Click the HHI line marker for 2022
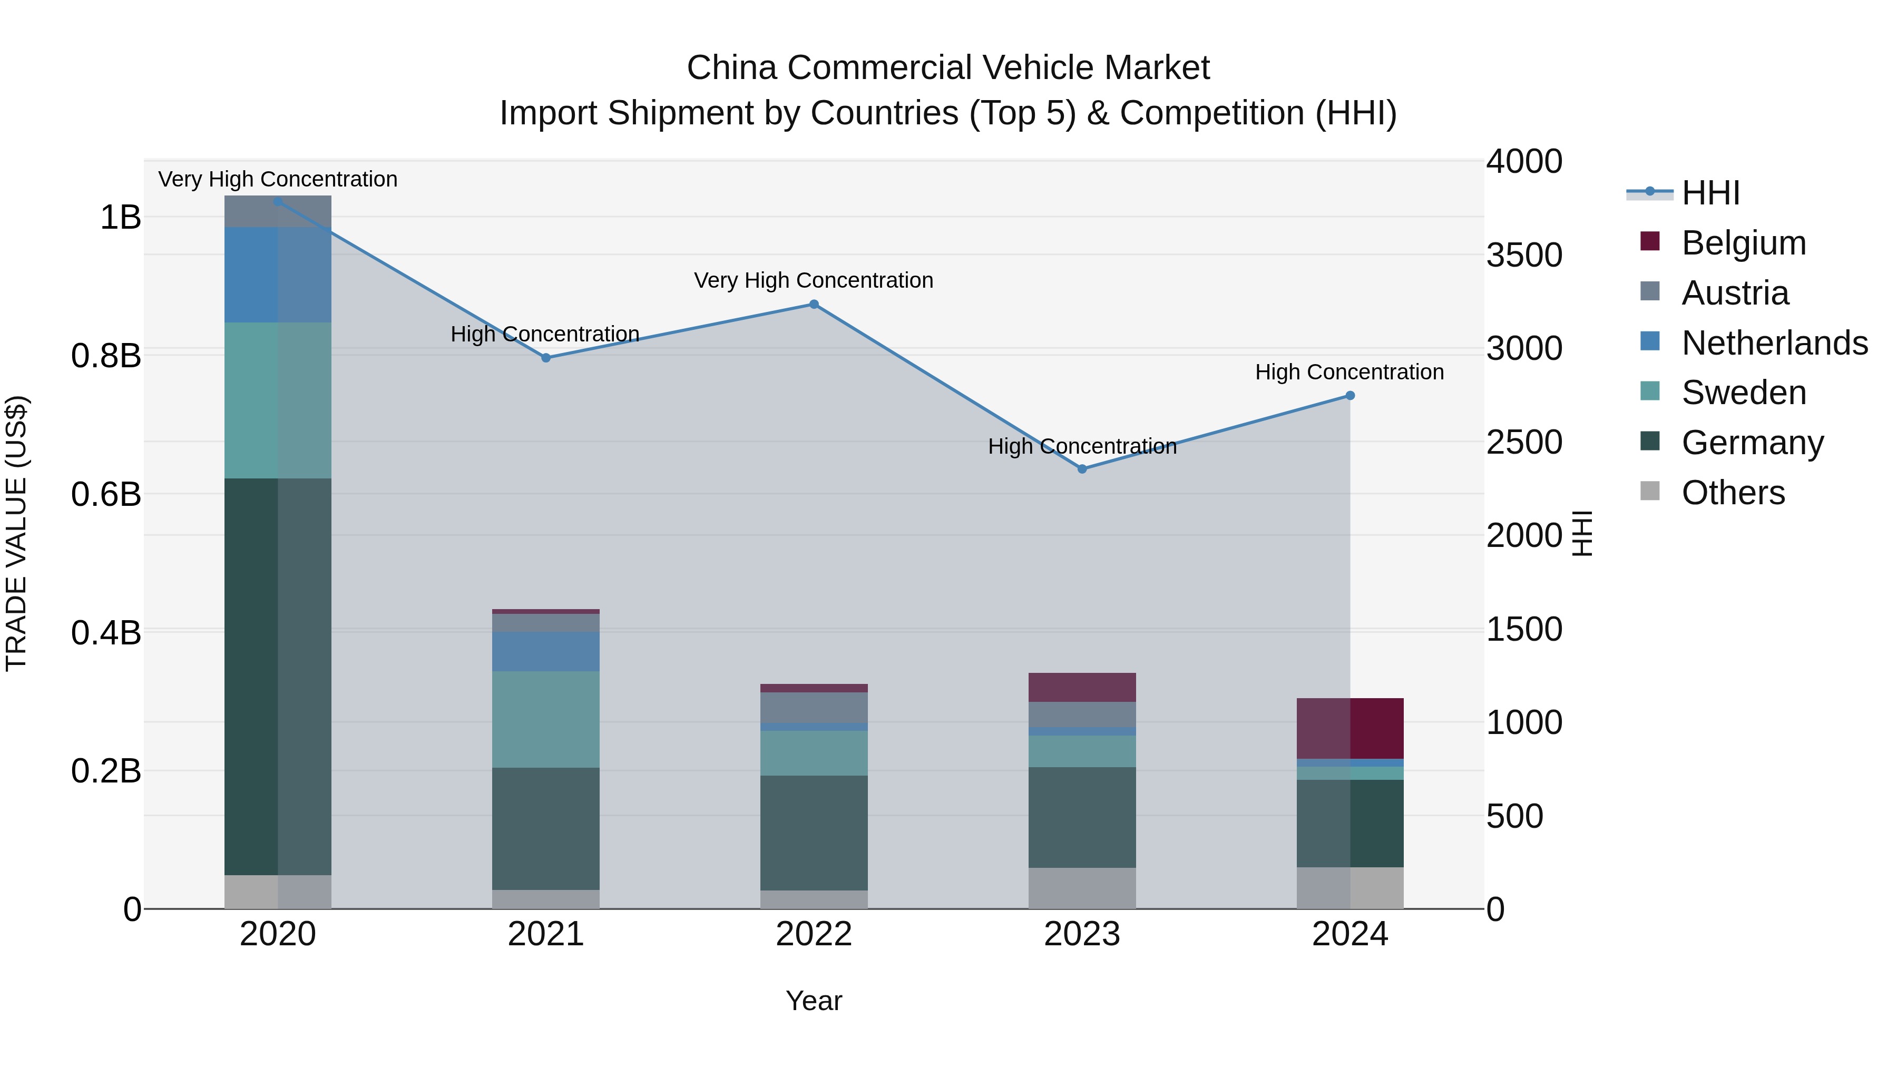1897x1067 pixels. tap(814, 304)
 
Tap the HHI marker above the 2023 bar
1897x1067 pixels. tap(1082, 469)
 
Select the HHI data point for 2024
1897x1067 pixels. tap(1350, 395)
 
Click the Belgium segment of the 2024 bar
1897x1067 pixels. tap(1350, 728)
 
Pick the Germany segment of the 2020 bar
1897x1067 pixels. tap(278, 676)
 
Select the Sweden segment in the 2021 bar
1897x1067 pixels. tap(546, 719)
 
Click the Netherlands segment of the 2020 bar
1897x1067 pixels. tap(278, 275)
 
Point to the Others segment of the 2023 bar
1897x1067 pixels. tap(1082, 887)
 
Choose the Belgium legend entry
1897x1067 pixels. tap(1743, 243)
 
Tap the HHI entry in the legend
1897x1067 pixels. tap(1710, 193)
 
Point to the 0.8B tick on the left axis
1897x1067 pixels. tap(106, 356)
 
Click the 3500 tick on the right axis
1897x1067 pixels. tap(1523, 255)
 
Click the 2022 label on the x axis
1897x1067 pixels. tap(814, 934)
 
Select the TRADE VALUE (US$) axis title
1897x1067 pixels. tap(16, 533)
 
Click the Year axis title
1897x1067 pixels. tap(814, 1001)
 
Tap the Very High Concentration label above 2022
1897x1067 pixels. tap(813, 280)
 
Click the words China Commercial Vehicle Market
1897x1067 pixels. tap(948, 68)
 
